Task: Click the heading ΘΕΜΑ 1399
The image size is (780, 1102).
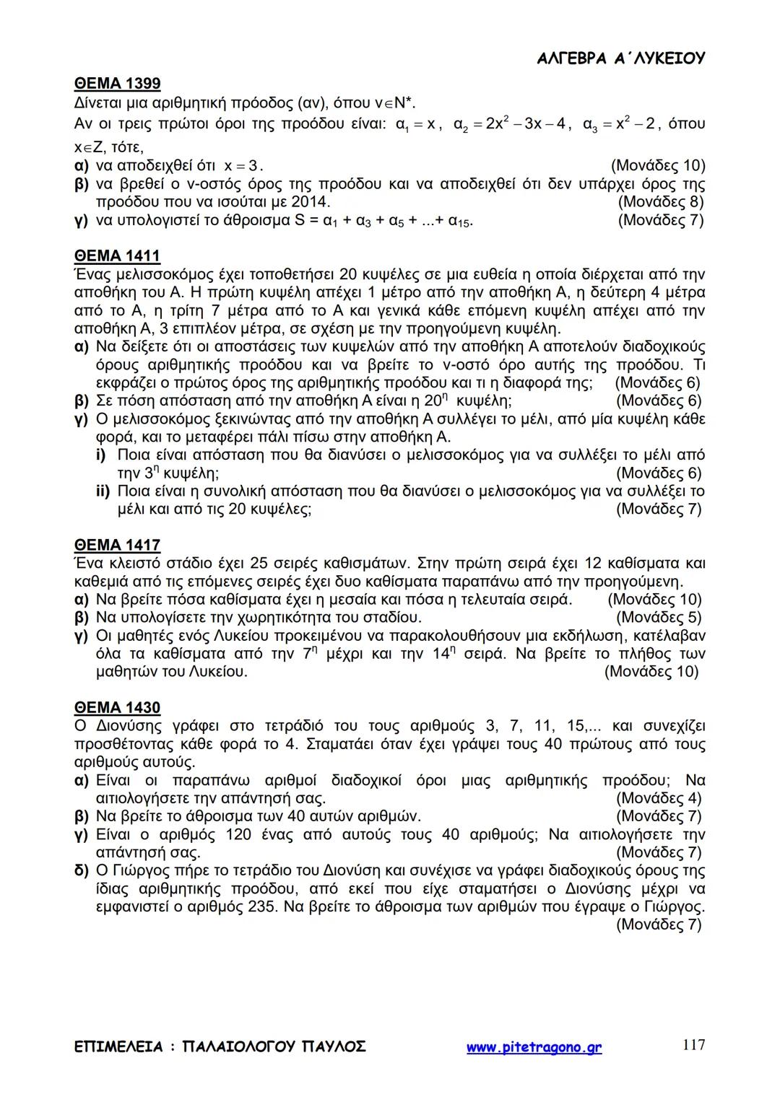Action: pyautogui.click(x=117, y=84)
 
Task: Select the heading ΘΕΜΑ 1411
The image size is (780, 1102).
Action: pyautogui.click(x=117, y=256)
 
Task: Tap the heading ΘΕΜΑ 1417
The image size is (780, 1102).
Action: pyautogui.click(x=117, y=545)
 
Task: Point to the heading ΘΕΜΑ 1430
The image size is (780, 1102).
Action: pyautogui.click(x=117, y=707)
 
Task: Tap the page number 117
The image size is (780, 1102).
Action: pyautogui.click(x=693, y=1044)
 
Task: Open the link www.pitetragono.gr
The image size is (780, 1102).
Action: pyautogui.click(x=534, y=1047)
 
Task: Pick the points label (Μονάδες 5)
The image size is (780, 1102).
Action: pyautogui.click(x=659, y=618)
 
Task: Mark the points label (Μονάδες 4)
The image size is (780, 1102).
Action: pyautogui.click(x=659, y=798)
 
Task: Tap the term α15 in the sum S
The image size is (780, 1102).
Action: pyautogui.click(x=460, y=221)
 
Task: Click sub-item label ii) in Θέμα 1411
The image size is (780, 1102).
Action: pyautogui.click(x=102, y=491)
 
